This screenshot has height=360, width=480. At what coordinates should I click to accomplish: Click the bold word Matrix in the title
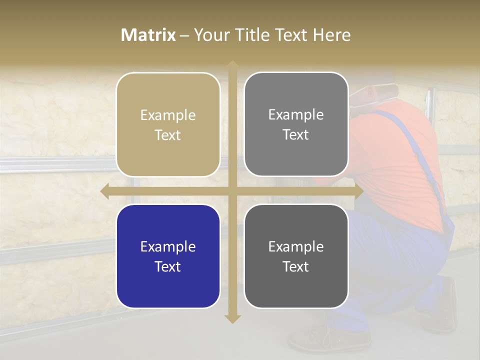(x=148, y=35)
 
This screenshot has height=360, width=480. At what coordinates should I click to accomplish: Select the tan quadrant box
(x=168, y=125)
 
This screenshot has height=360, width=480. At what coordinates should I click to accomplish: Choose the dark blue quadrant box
(x=168, y=256)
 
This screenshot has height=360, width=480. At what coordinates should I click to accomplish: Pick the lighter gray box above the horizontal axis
(x=296, y=124)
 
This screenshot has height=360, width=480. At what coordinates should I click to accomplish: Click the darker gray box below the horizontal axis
(x=296, y=256)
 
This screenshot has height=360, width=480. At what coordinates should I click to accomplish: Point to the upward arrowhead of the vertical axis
(x=232, y=65)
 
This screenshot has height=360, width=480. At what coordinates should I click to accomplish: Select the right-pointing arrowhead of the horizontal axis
(x=358, y=191)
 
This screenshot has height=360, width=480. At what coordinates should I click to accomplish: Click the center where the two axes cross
(x=232, y=191)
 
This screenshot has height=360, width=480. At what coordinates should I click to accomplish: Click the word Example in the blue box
(x=168, y=246)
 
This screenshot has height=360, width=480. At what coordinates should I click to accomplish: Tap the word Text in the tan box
(x=168, y=135)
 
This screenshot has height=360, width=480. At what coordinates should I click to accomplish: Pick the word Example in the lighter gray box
(x=296, y=114)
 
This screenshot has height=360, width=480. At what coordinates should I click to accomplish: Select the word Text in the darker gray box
(x=296, y=266)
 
